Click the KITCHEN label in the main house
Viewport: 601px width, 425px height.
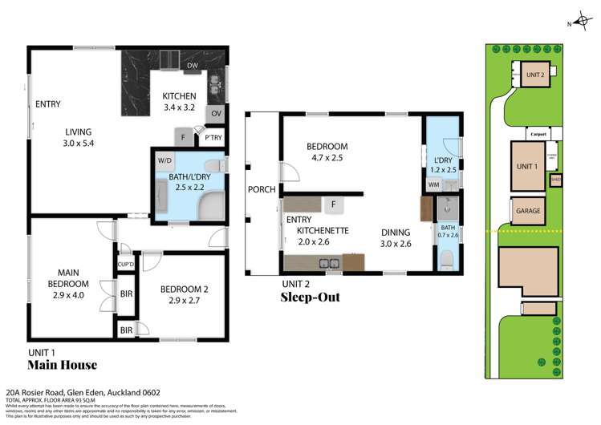pyautogui.click(x=180, y=96)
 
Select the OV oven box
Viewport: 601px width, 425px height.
pyautogui.click(x=216, y=114)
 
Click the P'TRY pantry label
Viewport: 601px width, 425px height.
pyautogui.click(x=213, y=138)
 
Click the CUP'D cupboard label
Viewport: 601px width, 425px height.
pyautogui.click(x=125, y=264)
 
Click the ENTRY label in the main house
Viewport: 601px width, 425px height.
pyautogui.click(x=48, y=103)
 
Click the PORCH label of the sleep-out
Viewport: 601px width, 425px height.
pyautogui.click(x=263, y=190)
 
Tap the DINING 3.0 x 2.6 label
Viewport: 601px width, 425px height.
pyautogui.click(x=396, y=238)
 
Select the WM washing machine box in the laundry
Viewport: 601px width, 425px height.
pyautogui.click(x=433, y=185)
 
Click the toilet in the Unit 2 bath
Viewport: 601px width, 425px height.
pyautogui.click(x=446, y=259)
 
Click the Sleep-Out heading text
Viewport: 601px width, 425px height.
pyautogui.click(x=310, y=297)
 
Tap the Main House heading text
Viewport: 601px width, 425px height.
pyautogui.click(x=63, y=365)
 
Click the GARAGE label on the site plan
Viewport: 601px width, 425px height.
pyautogui.click(x=526, y=211)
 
